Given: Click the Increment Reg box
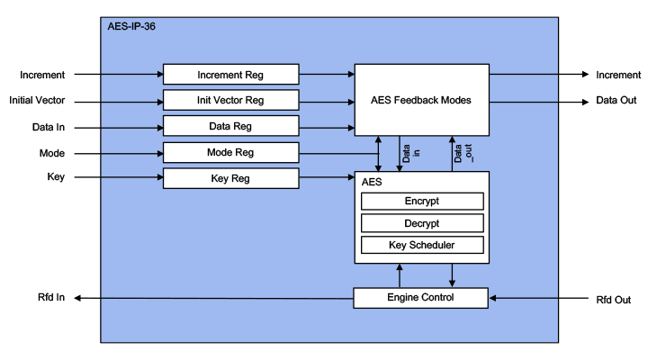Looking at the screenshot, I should pyautogui.click(x=230, y=75).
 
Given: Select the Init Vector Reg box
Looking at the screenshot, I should pyautogui.click(x=230, y=100).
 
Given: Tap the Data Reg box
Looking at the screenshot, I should pyautogui.click(x=230, y=127).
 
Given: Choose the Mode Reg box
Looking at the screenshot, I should pyautogui.click(x=230, y=152).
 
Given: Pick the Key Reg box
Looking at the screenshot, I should pyautogui.click(x=230, y=178).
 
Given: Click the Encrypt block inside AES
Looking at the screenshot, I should pyautogui.click(x=422, y=201).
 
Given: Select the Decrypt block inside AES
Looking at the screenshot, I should pyautogui.click(x=422, y=222).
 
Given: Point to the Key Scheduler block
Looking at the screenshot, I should pyautogui.click(x=422, y=245).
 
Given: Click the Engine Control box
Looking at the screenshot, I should pyautogui.click(x=420, y=297).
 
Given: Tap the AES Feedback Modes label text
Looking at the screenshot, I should pyautogui.click(x=422, y=100).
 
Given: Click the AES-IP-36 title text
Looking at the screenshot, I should pyautogui.click(x=131, y=26).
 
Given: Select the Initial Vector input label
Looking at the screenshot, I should pyautogui.click(x=37, y=100).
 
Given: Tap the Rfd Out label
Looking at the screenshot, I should pyautogui.click(x=613, y=298).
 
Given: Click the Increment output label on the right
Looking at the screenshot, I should pyautogui.click(x=617, y=75).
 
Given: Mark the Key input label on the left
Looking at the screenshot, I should pyautogui.click(x=55, y=178).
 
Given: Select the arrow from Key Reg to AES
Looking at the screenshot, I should pyautogui.click(x=327, y=178).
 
